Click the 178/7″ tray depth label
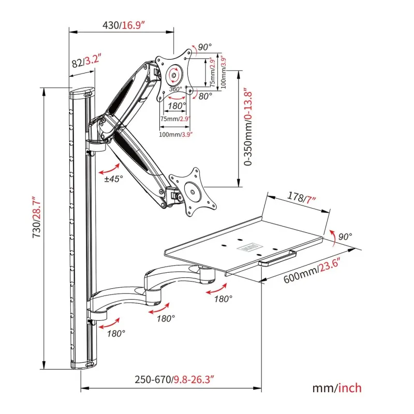[x=302, y=198]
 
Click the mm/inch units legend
[x=337, y=388]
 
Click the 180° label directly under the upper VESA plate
[x=177, y=106]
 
